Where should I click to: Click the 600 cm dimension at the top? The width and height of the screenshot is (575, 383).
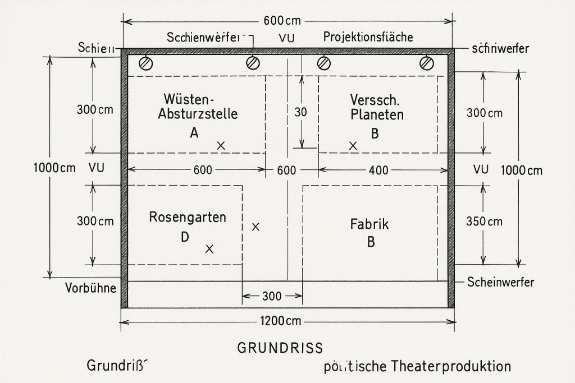(282, 21)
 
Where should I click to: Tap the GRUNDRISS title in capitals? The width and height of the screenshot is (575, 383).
(280, 348)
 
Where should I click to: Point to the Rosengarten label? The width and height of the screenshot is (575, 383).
(188, 217)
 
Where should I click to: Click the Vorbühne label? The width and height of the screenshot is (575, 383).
(90, 289)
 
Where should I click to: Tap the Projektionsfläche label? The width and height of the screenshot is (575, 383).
(368, 38)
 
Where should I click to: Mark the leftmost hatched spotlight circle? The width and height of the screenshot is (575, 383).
(145, 62)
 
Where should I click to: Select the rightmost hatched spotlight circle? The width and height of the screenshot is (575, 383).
(427, 62)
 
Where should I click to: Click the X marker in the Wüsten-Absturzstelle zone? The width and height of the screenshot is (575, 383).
(221, 145)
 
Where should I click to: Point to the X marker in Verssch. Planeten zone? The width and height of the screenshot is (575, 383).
(353, 145)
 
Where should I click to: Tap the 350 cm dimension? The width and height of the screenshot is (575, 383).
(484, 222)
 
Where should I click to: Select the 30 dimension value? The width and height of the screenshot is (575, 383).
(301, 112)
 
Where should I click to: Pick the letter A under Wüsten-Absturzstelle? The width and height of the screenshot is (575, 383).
(194, 133)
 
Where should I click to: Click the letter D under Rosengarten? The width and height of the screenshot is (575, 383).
(185, 237)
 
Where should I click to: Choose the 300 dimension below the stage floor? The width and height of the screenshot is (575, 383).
(272, 296)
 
